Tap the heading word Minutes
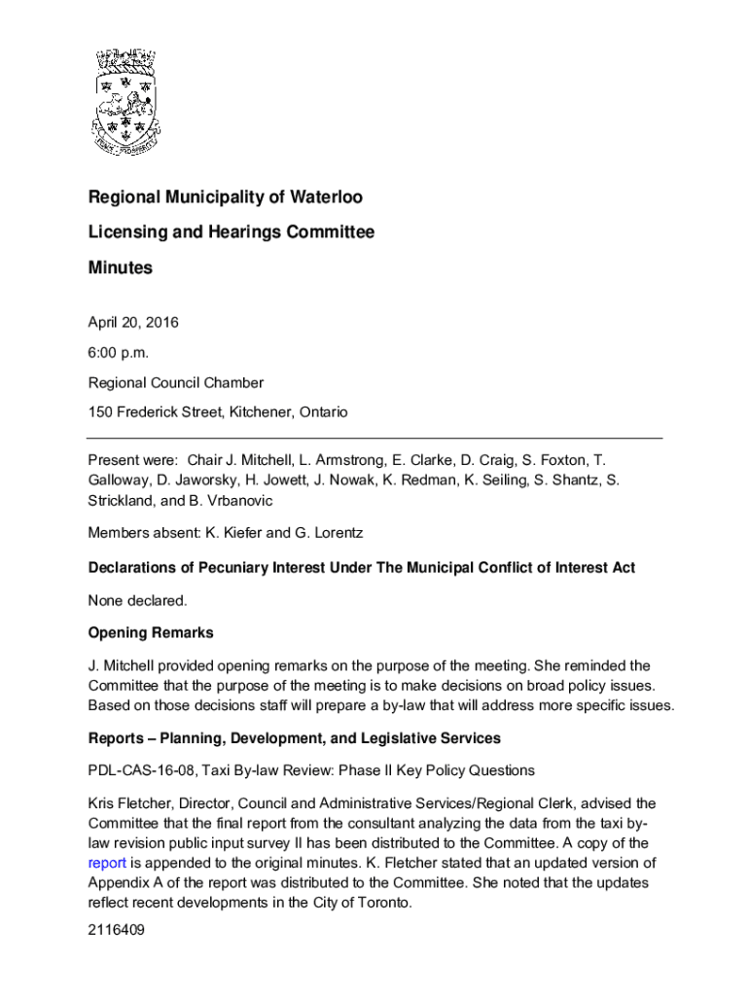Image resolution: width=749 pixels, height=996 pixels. pyautogui.click(x=121, y=267)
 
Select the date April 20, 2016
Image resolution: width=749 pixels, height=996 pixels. pyautogui.click(x=133, y=322)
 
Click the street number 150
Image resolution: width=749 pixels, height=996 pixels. pyautogui.click(x=100, y=412)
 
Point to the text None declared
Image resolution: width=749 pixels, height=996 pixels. pyautogui.click(x=137, y=600)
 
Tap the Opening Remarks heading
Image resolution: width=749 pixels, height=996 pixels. pyautogui.click(x=151, y=633)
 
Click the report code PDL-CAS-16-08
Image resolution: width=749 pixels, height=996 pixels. pyautogui.click(x=138, y=770)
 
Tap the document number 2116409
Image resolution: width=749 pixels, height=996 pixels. pyautogui.click(x=117, y=930)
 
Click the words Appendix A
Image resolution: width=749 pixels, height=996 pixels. pyautogui.click(x=125, y=882)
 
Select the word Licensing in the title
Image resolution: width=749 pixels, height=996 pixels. pyautogui.click(x=124, y=232)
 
